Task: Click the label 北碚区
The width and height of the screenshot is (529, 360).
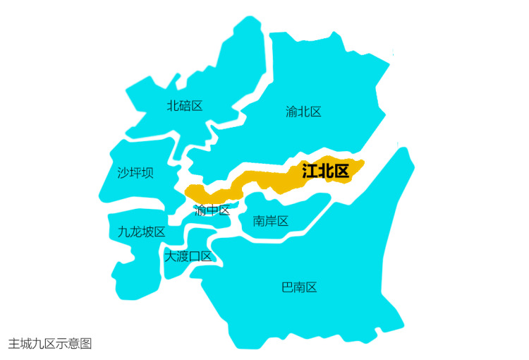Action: [185, 106]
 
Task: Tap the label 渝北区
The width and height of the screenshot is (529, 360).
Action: [304, 112]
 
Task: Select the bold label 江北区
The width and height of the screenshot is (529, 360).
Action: [325, 171]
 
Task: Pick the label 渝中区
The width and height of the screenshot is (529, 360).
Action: [212, 210]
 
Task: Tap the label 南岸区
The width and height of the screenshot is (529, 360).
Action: [271, 221]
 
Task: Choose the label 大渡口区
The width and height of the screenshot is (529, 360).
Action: [188, 256]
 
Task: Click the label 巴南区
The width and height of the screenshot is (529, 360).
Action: [299, 287]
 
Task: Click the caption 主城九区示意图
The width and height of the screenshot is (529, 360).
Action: [50, 344]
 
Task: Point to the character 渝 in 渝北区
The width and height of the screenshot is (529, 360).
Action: [292, 112]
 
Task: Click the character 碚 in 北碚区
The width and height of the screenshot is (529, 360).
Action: [185, 106]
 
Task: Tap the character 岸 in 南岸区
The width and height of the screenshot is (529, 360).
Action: [271, 221]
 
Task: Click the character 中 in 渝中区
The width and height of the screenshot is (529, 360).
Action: [212, 210]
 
